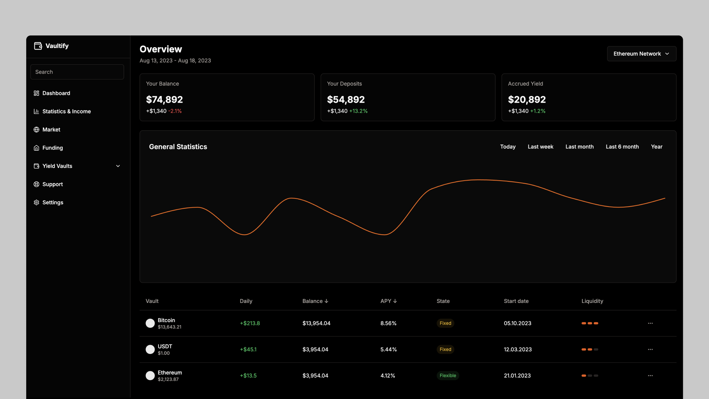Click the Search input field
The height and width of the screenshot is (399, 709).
77,72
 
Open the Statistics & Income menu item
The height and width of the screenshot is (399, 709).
66,112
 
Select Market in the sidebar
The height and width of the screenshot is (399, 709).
51,130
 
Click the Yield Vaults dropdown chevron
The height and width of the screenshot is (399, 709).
118,166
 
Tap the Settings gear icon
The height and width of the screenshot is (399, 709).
36,202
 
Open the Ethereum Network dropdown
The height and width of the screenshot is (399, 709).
641,54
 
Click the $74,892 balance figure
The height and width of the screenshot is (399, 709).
164,100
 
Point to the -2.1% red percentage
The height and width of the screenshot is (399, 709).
175,111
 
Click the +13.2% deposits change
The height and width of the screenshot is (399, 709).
358,111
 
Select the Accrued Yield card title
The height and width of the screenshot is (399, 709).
525,84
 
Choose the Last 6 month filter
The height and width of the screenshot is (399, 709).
622,147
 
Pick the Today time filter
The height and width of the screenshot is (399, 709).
507,147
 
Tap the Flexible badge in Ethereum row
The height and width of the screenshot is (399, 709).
448,376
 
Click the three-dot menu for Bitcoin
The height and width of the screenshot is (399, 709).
650,323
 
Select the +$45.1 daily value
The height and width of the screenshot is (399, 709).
248,349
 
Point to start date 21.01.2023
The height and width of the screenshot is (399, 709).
517,376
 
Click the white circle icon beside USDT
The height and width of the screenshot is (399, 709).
150,349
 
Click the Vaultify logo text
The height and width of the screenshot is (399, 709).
57,46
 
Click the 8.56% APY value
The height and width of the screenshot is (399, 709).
388,323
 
